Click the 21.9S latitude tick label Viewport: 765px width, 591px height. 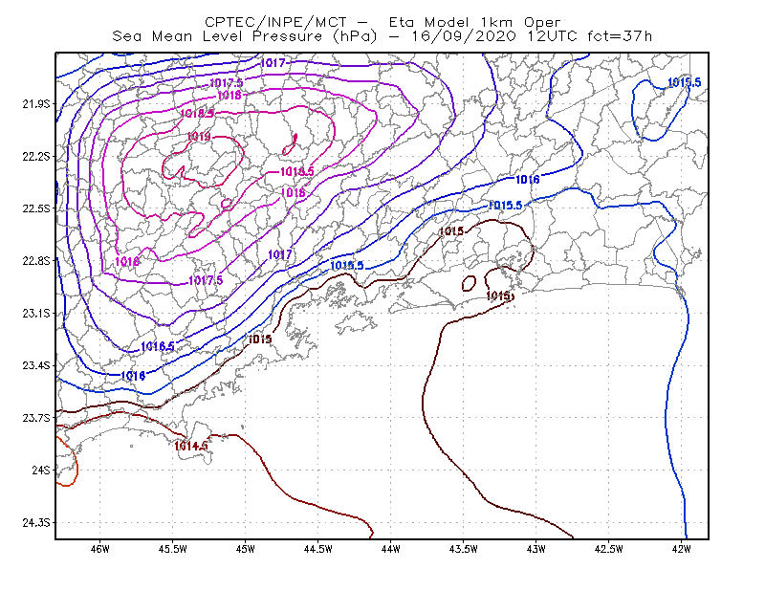coord(36,104)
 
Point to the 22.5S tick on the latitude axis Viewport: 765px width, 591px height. coord(36,208)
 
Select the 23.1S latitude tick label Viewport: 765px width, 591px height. coord(36,314)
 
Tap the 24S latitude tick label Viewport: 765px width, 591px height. coord(41,470)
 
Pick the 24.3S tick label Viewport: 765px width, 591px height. coord(36,523)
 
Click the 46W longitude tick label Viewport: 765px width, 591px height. coord(99,549)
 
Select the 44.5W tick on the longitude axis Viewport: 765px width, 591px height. coord(317,549)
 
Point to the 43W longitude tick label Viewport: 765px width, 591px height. coord(535,549)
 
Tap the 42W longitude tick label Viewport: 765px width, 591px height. coord(681,549)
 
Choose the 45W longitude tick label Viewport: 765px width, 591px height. coord(245,549)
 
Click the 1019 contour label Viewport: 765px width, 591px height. coord(199,136)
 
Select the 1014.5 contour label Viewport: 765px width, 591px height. coord(191,446)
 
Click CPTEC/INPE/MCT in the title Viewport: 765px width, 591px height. coord(275,22)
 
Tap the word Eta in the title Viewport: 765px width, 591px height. coord(402,22)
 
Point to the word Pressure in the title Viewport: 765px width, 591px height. coord(288,36)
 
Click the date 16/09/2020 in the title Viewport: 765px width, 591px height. coord(464,36)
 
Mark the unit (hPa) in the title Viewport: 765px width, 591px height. coord(355,36)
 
